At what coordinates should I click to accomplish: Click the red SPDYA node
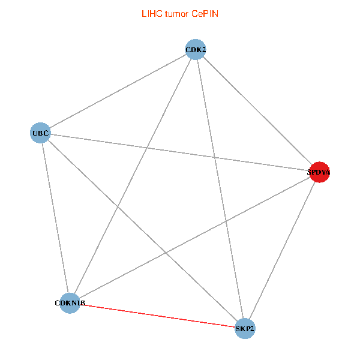(319, 172)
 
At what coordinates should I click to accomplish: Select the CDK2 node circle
(196, 49)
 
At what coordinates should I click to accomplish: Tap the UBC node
(40, 132)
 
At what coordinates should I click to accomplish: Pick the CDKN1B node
(70, 304)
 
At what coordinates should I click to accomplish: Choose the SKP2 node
(245, 328)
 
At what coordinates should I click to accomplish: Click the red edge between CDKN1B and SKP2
(158, 316)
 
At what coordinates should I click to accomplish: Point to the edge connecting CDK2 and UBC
(118, 91)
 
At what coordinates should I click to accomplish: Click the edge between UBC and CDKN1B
(55, 218)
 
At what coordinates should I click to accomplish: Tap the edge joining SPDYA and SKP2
(282, 250)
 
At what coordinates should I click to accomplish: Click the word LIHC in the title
(150, 13)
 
